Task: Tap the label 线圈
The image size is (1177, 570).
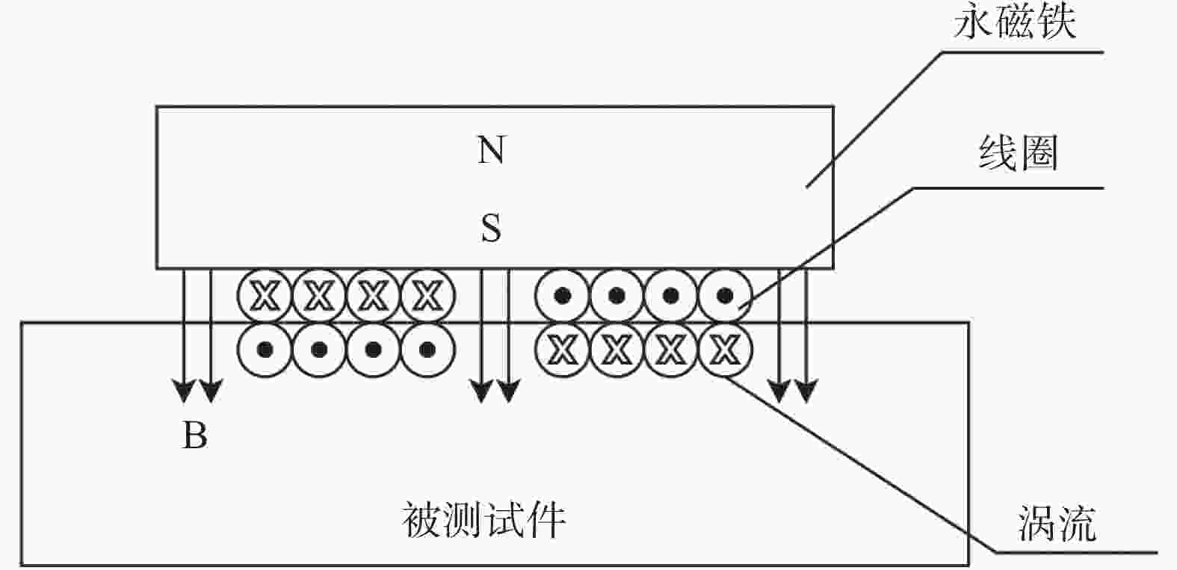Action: click(1018, 153)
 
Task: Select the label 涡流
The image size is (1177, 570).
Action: click(1057, 523)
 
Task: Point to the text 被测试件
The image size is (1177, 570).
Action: click(484, 520)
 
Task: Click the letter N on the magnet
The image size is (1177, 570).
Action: click(491, 149)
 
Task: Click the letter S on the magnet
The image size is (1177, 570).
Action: click(491, 228)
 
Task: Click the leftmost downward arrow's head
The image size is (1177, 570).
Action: click(184, 390)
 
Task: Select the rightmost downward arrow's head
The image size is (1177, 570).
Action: click(806, 390)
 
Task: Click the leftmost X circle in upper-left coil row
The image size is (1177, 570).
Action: click(265, 296)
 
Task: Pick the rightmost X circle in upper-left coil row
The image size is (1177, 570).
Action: click(427, 296)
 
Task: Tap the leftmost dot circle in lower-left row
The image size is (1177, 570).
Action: click(265, 350)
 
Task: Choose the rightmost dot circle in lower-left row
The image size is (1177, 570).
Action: click(427, 350)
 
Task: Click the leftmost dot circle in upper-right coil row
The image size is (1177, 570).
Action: click(562, 296)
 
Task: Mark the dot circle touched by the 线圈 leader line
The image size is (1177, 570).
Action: click(725, 296)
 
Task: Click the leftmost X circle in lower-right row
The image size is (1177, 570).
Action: click(562, 350)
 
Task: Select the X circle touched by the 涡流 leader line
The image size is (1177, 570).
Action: click(725, 350)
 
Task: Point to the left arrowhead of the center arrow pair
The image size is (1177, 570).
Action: click(481, 390)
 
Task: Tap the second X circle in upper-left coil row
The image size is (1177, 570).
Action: click(319, 296)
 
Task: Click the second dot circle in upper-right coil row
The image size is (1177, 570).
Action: click(617, 296)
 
